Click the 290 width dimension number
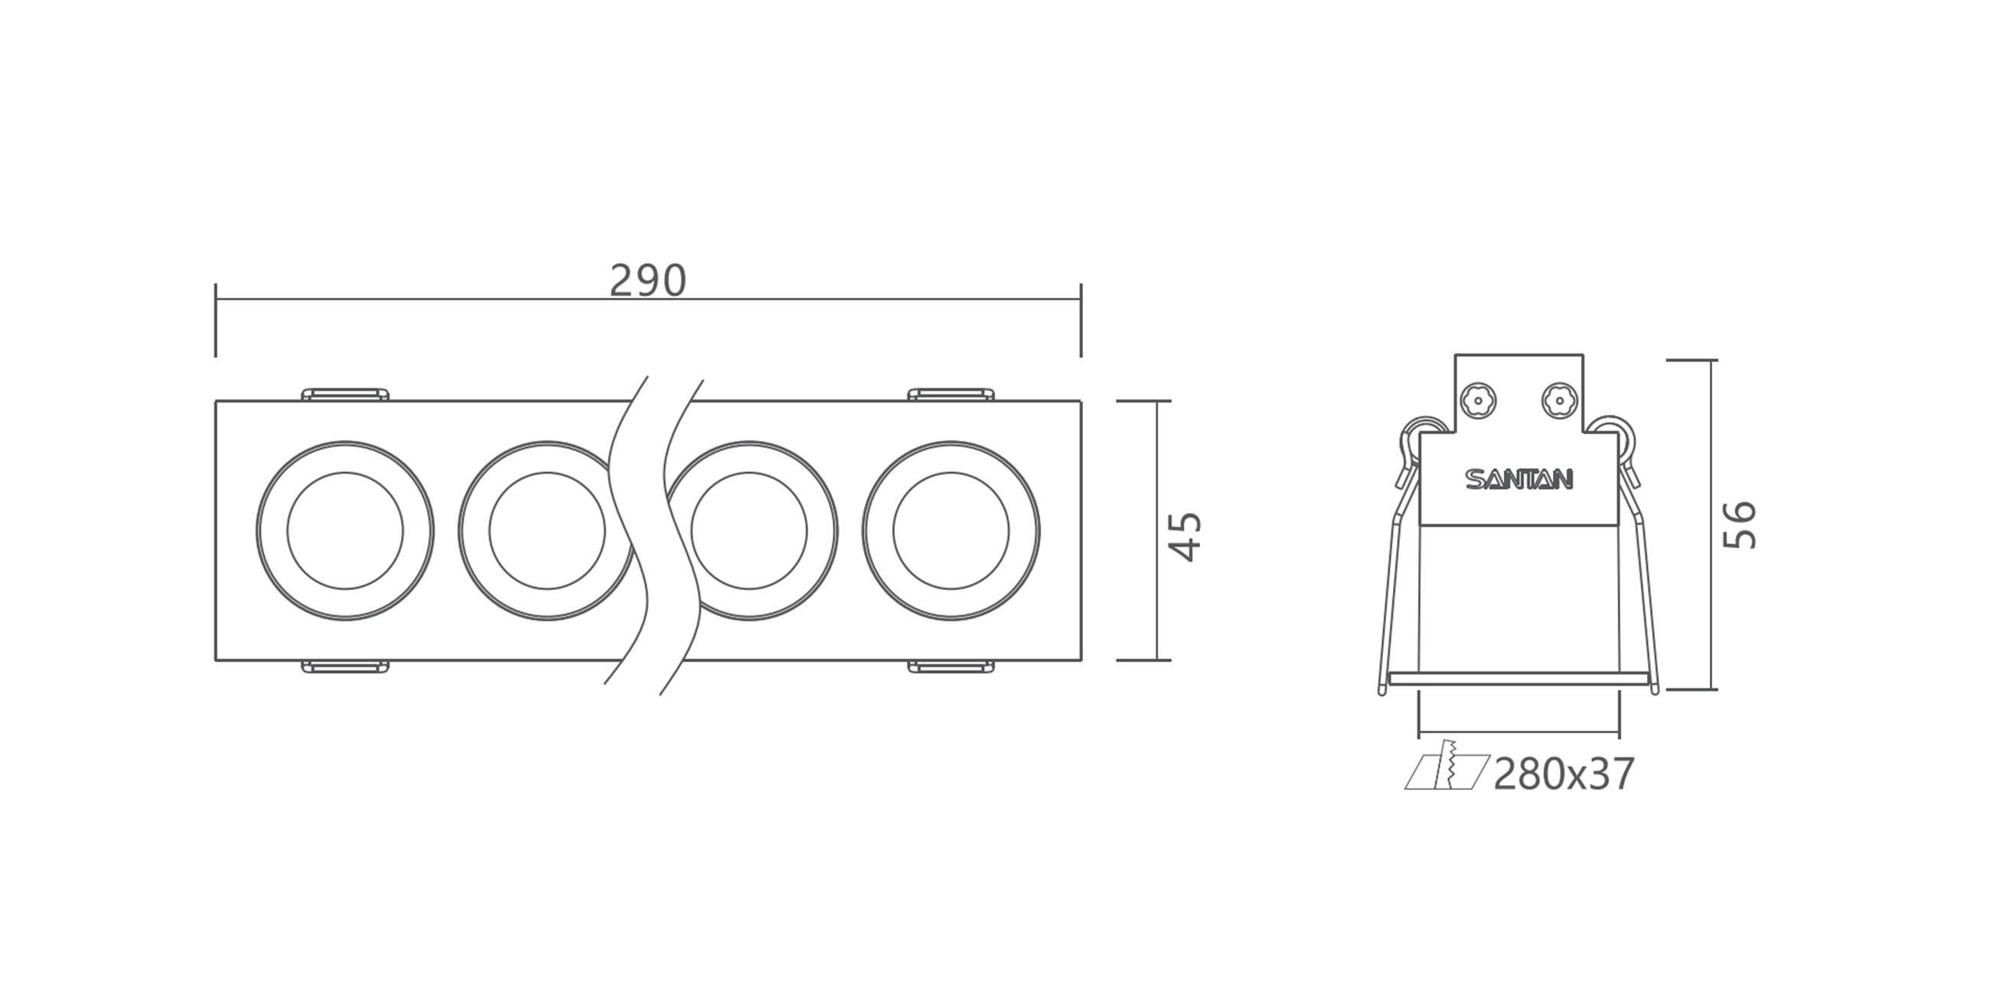(648, 280)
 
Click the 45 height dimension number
(1184, 535)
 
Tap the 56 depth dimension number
(1740, 525)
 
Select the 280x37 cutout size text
(1564, 775)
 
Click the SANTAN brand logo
(1519, 481)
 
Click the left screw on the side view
(1479, 400)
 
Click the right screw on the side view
(1559, 400)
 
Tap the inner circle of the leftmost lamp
(345, 530)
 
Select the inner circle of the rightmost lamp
(951, 530)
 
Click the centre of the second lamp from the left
(547, 530)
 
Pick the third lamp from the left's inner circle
(749, 530)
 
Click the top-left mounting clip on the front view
(344, 394)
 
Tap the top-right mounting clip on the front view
(951, 394)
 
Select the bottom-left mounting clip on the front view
(344, 667)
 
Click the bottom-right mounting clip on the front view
(951, 667)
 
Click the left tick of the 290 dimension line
(216, 319)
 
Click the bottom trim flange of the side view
(1519, 679)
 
